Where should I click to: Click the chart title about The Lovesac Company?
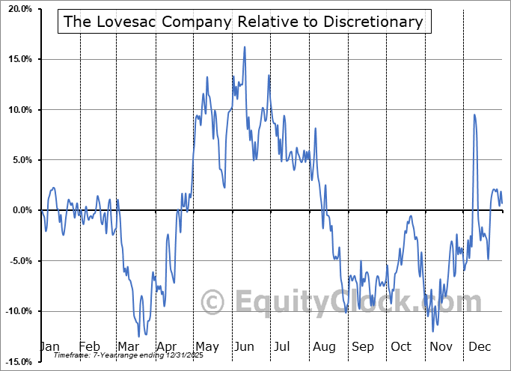(243, 22)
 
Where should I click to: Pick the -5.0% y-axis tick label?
(17, 261)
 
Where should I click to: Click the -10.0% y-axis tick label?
(16, 311)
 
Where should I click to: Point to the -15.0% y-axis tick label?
(16, 362)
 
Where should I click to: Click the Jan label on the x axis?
(49, 347)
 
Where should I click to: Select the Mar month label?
(127, 347)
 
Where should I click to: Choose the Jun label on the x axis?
(244, 347)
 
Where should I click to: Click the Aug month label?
(324, 347)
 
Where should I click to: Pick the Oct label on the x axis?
(401, 347)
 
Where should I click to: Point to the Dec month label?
(480, 347)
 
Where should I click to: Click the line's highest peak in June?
(244, 47)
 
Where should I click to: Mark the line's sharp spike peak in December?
(474, 114)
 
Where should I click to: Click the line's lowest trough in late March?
(138, 336)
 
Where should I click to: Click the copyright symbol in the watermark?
(213, 302)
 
